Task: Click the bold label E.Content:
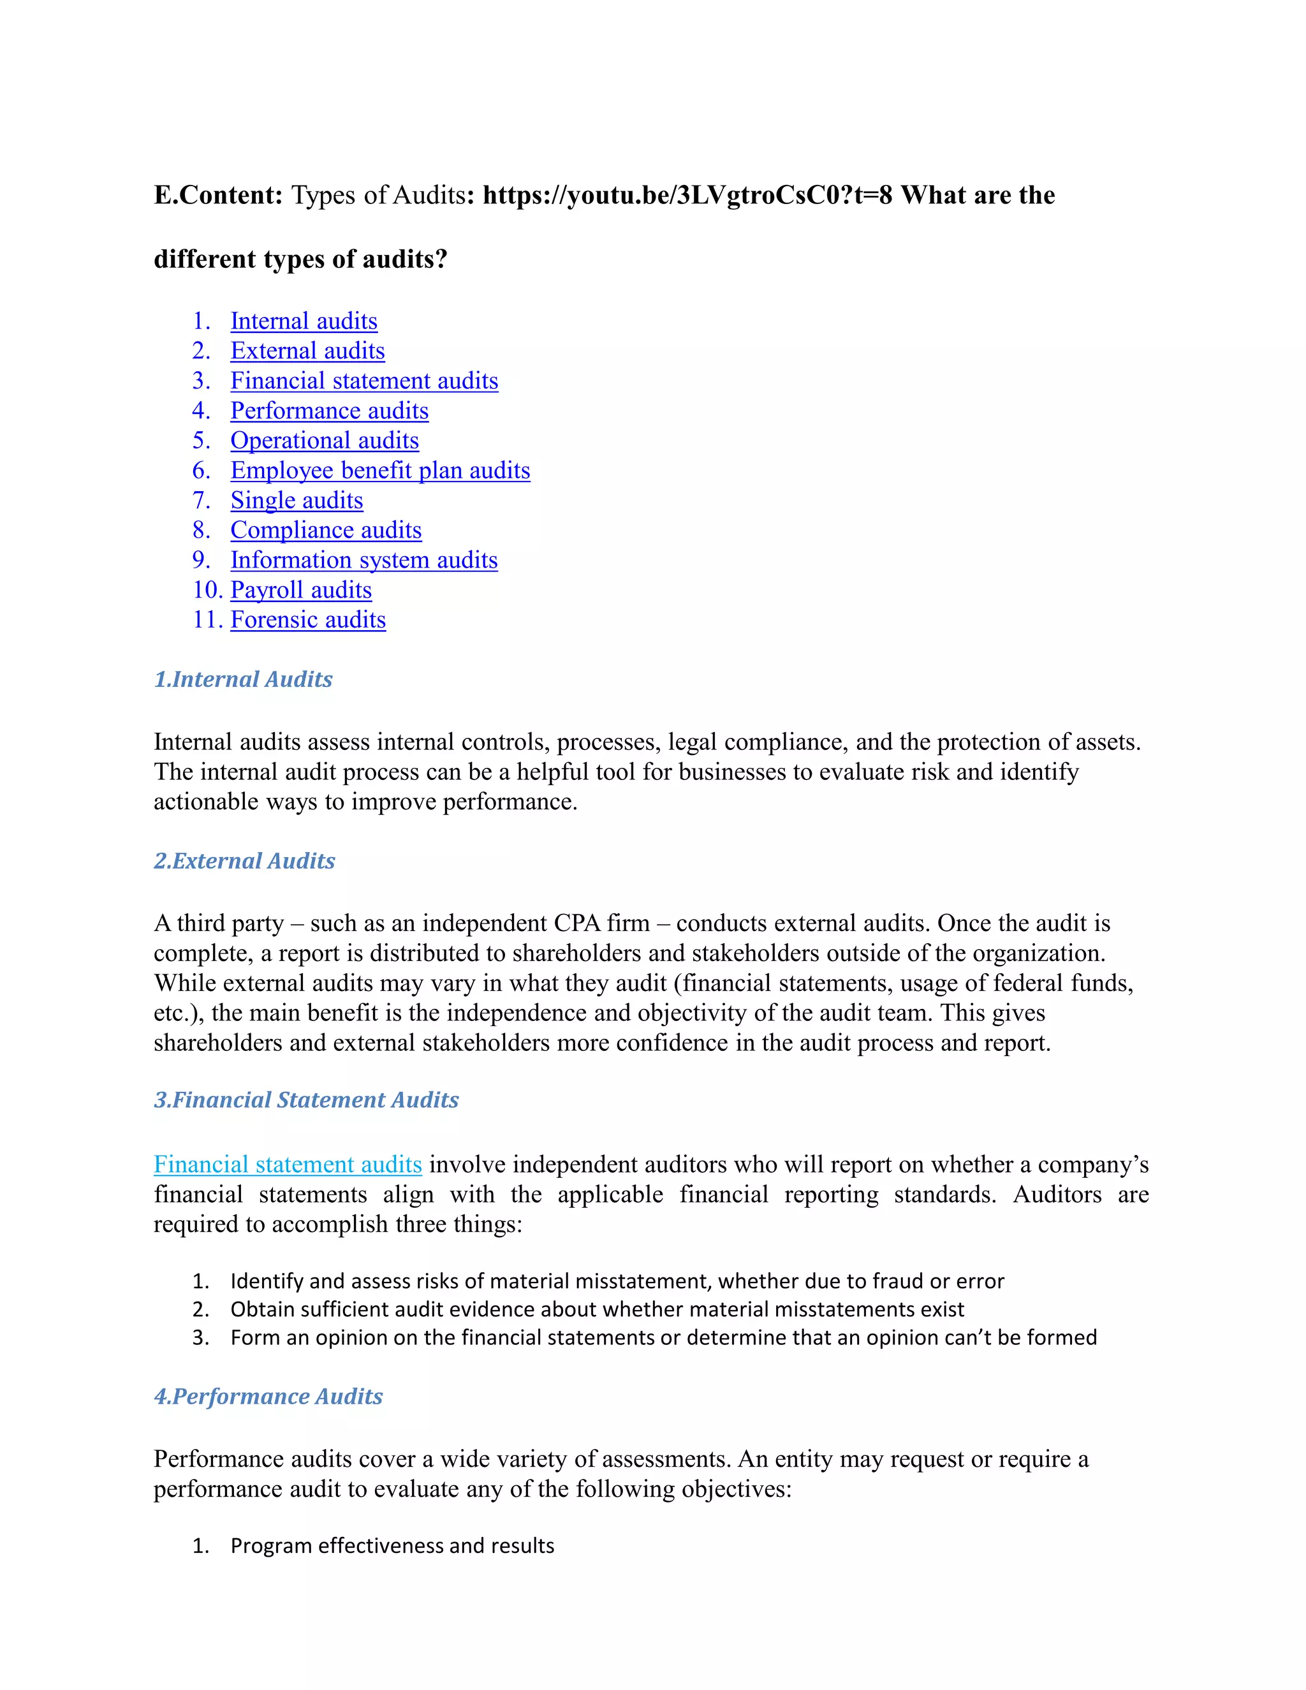pyautogui.click(x=218, y=195)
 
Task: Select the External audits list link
pyautogui.click(x=307, y=351)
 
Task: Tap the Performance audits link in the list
pyautogui.click(x=329, y=410)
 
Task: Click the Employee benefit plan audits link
pyautogui.click(x=380, y=470)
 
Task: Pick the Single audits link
pyautogui.click(x=297, y=500)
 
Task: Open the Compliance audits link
pyautogui.click(x=326, y=530)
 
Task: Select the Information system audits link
pyautogui.click(x=363, y=559)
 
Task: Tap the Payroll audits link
pyautogui.click(x=301, y=590)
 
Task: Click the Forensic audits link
pyautogui.click(x=308, y=620)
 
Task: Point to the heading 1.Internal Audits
pyautogui.click(x=243, y=679)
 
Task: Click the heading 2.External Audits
pyautogui.click(x=244, y=860)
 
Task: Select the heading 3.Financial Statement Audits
pyautogui.click(x=306, y=1099)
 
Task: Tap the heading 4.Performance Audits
pyautogui.click(x=268, y=1396)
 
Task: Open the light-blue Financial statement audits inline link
pyautogui.click(x=287, y=1164)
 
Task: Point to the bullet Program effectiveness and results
pyautogui.click(x=392, y=1545)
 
